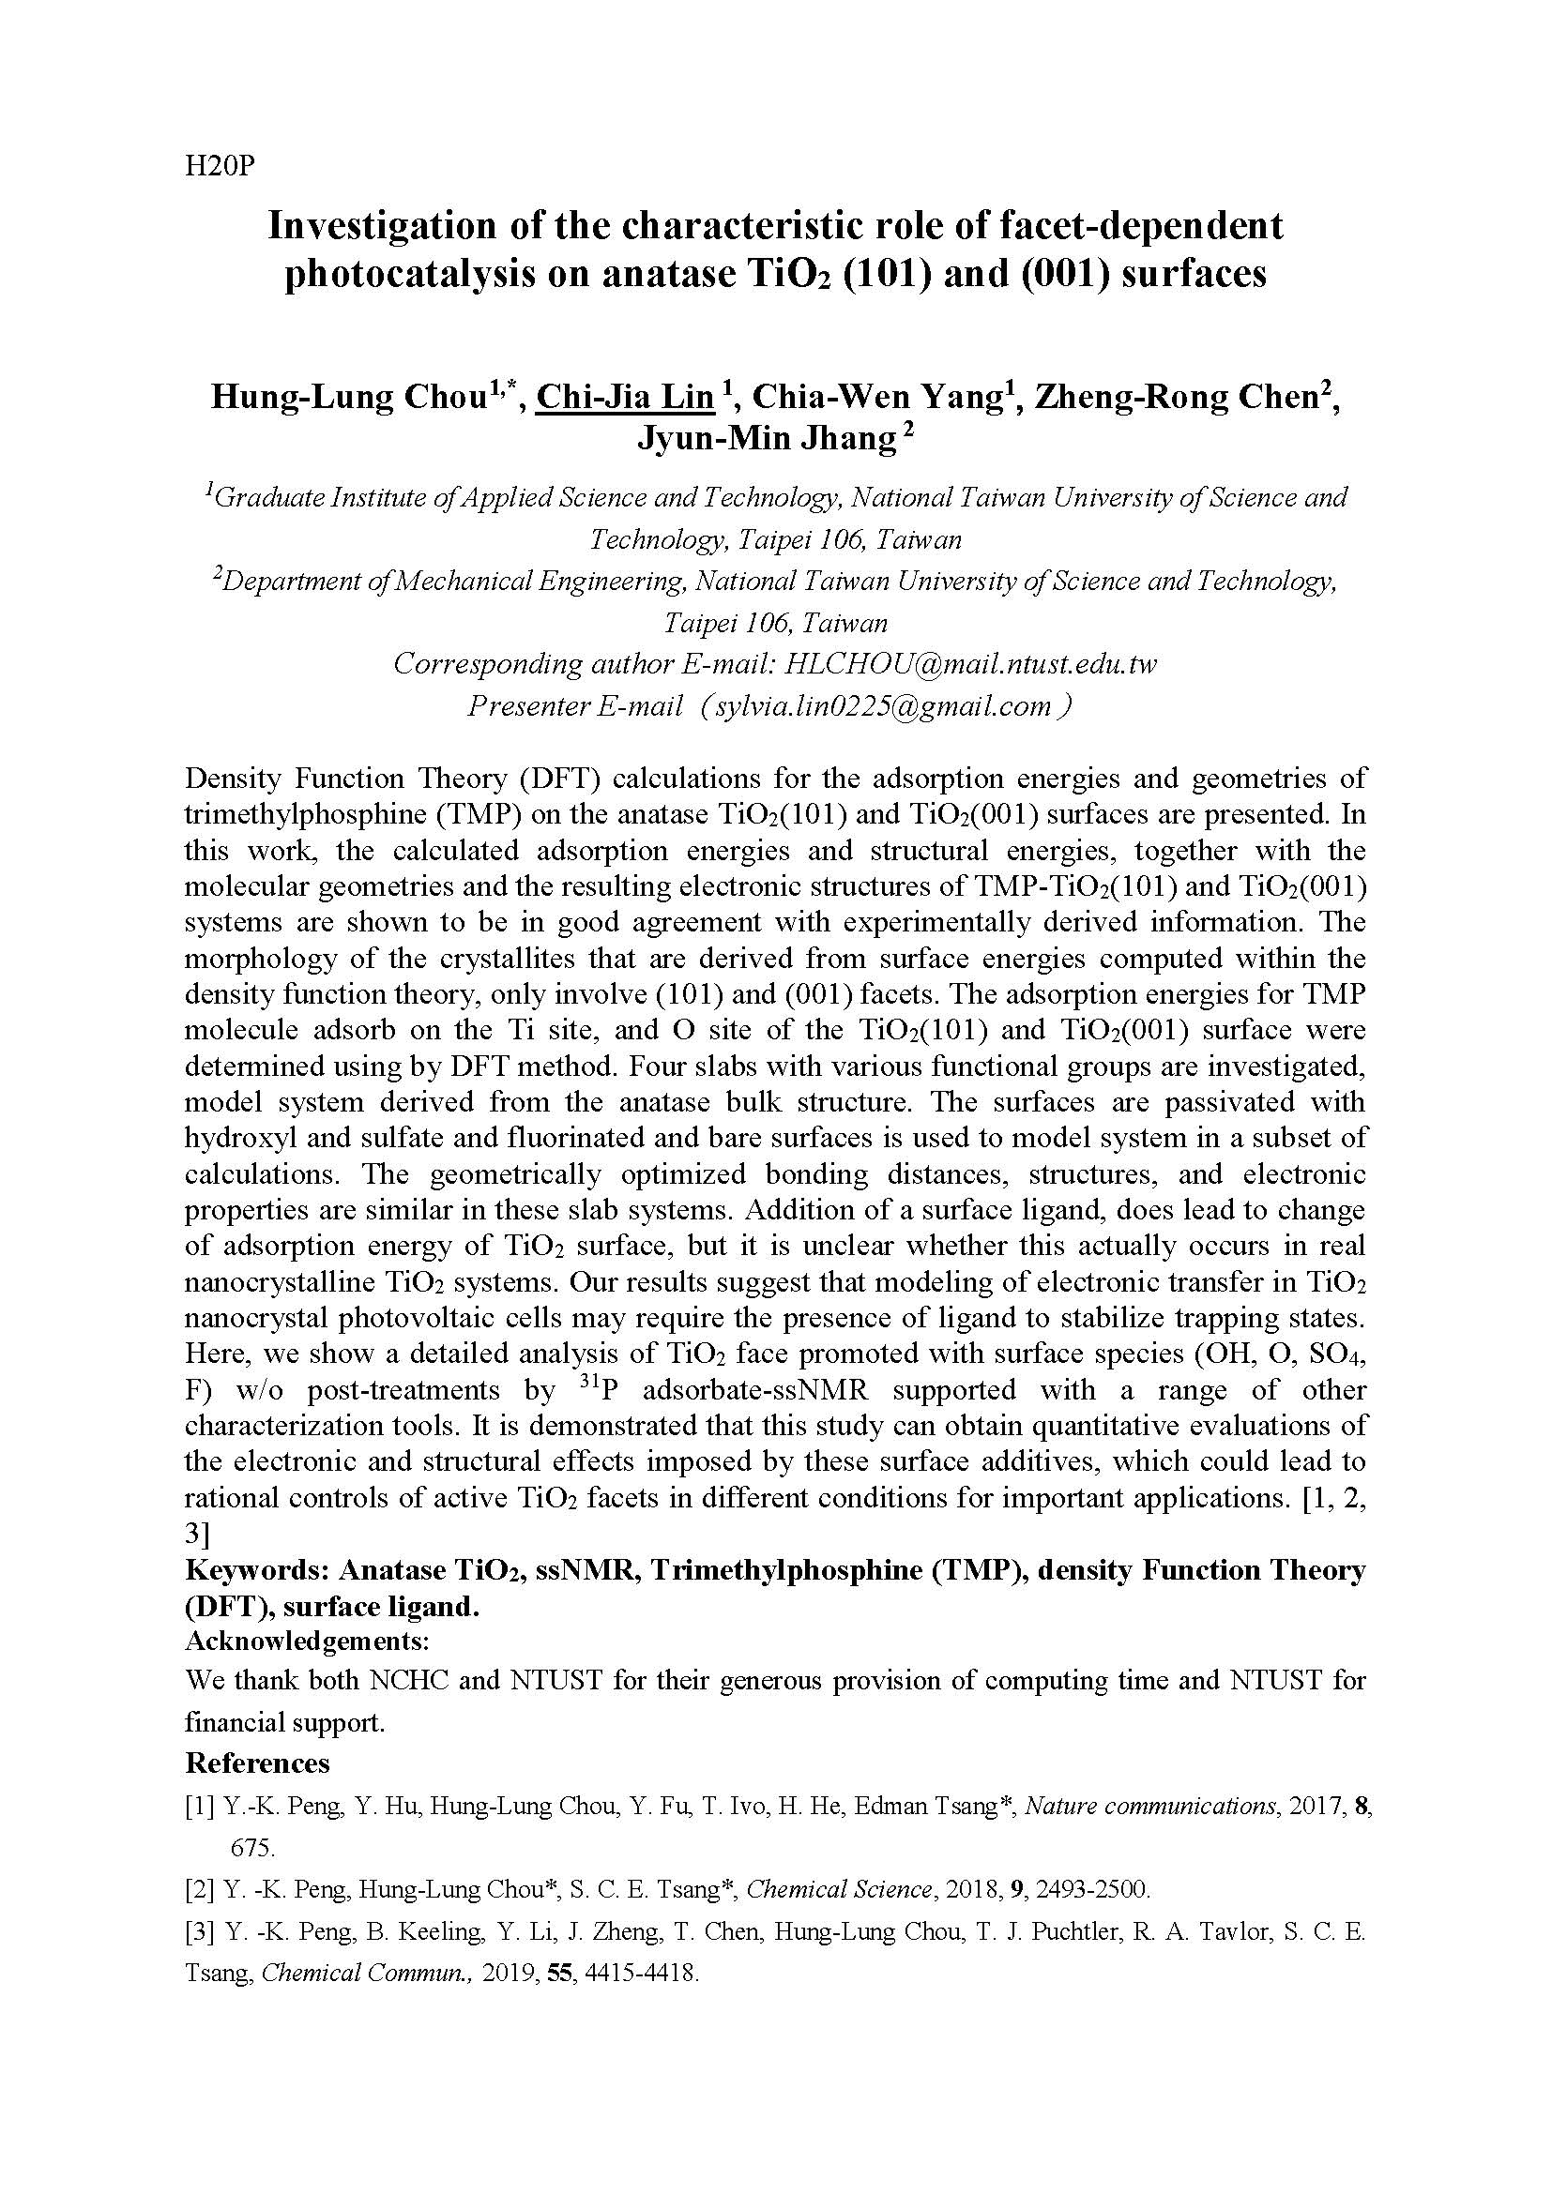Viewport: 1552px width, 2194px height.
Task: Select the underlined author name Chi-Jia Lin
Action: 625,397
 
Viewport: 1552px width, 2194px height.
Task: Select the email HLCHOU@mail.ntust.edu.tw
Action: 969,664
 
